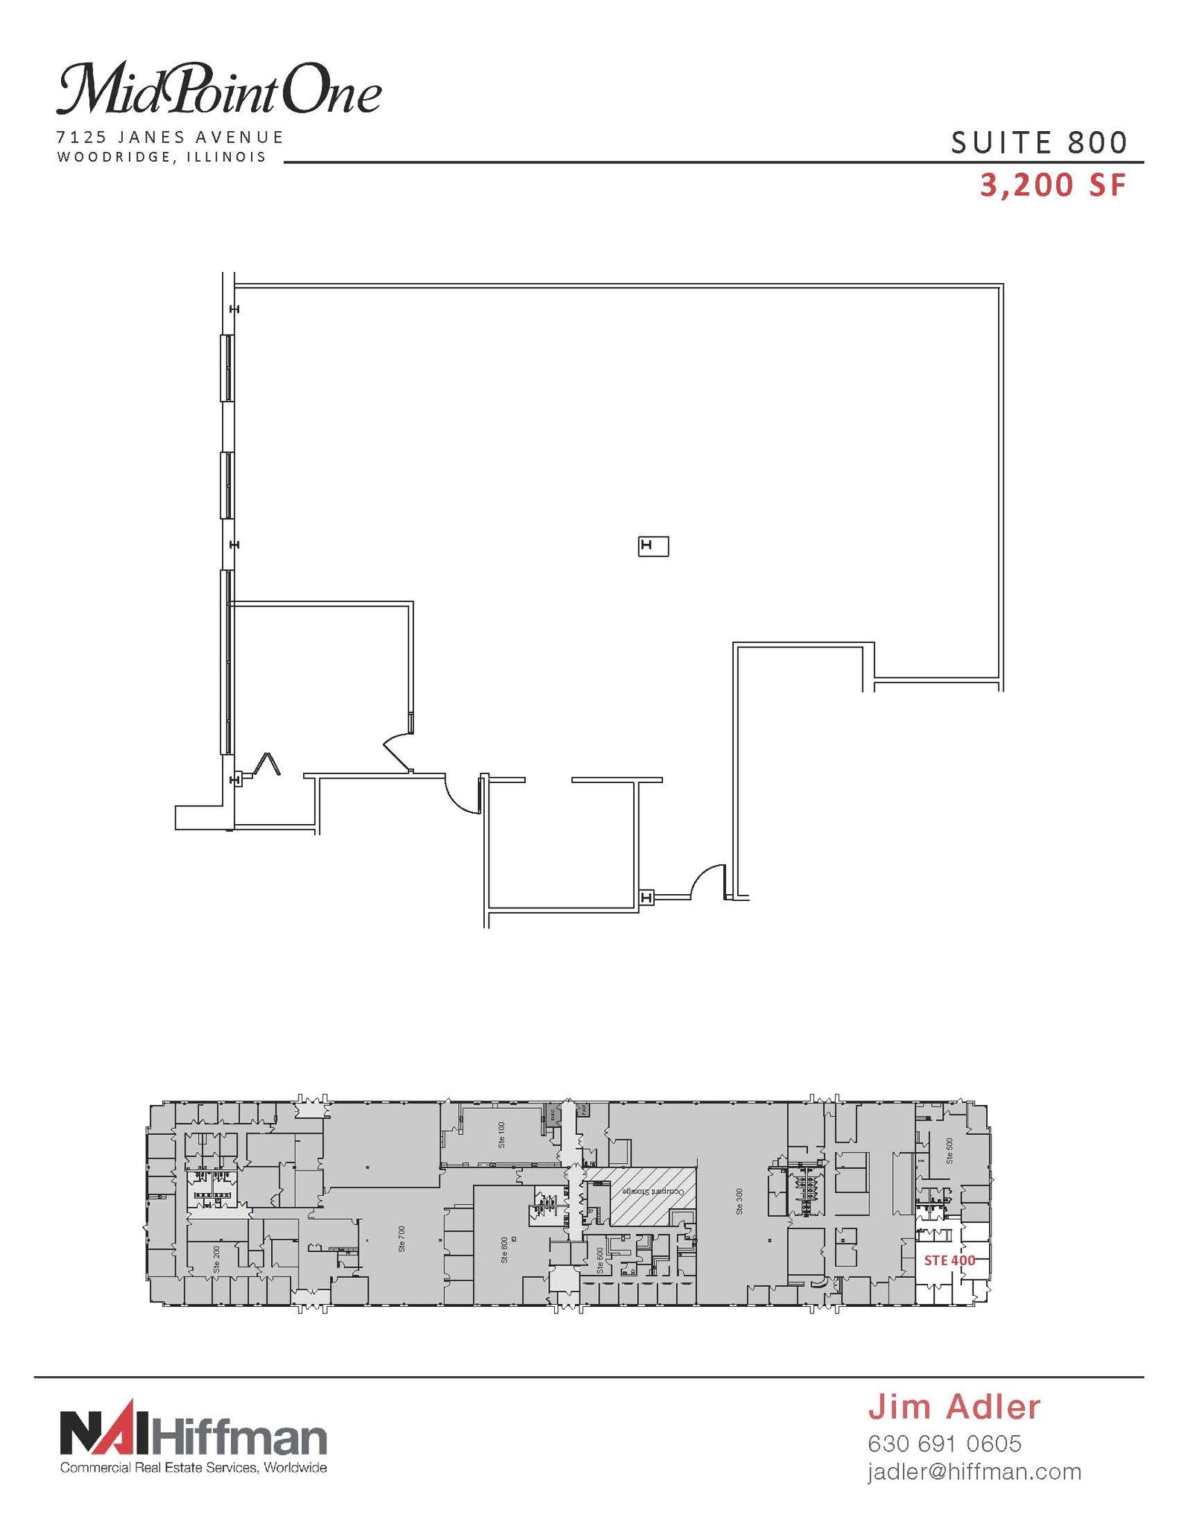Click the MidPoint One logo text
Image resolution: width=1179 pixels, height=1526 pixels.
coord(218,90)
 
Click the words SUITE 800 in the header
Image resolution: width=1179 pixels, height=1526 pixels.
coord(1038,142)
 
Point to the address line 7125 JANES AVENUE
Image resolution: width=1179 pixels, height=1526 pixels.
coord(171,137)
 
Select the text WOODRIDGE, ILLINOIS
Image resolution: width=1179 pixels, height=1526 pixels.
coord(162,157)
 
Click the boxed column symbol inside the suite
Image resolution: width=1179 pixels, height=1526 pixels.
coord(652,546)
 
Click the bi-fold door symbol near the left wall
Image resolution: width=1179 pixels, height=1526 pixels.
coord(266,764)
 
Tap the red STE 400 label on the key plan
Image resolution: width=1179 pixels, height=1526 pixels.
coord(949,1261)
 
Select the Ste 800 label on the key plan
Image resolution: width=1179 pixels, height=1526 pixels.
coord(504,1250)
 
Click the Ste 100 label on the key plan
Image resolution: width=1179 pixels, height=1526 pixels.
coord(501,1135)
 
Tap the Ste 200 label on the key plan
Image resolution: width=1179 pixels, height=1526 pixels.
coord(217,1258)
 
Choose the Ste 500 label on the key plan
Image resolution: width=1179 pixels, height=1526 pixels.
coord(949,1150)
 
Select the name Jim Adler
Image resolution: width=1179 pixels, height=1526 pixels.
coord(953,1407)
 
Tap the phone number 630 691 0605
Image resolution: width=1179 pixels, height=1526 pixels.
coord(944,1443)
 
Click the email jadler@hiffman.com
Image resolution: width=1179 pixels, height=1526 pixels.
coord(973,1472)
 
